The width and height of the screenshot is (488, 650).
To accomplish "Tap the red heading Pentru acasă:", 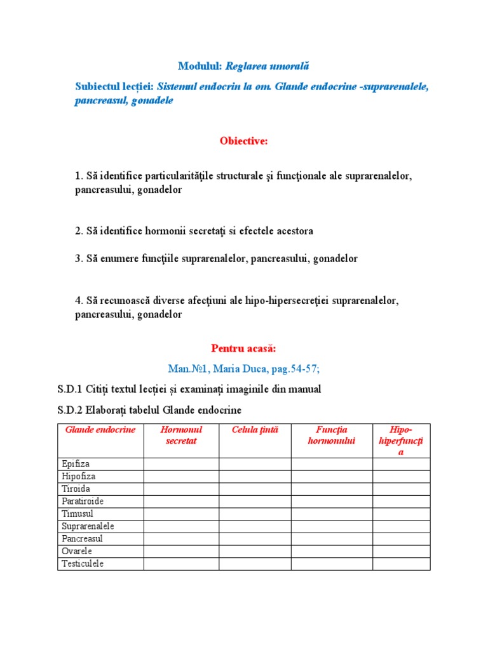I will [243, 348].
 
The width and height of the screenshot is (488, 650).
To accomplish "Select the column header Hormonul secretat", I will [181, 435].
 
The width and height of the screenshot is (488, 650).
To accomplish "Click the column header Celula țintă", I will [255, 430].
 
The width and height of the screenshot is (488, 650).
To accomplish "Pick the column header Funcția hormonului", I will [331, 435].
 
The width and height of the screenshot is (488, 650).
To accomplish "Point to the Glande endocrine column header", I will [100, 430].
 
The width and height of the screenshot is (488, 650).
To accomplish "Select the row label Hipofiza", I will [79, 476].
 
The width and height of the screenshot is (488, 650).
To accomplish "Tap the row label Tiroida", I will [76, 489].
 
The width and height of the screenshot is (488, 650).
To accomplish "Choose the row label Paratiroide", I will [83, 501].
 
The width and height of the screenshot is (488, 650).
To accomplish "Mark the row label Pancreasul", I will [82, 539].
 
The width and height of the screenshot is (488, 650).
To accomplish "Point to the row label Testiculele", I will [83, 564].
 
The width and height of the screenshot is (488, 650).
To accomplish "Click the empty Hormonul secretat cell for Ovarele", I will [181, 551].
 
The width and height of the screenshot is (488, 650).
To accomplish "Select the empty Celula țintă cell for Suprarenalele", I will [255, 526].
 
